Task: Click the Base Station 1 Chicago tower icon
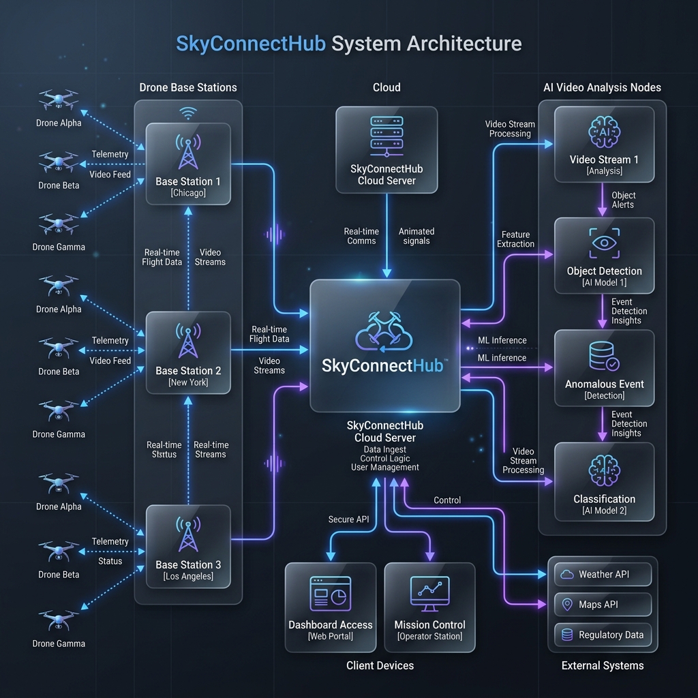coord(188,151)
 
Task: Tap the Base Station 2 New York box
coord(188,352)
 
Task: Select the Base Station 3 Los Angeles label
coord(188,570)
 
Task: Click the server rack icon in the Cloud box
coord(386,135)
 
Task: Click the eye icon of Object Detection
coord(605,243)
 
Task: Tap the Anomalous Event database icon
coord(603,356)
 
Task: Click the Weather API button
coord(603,574)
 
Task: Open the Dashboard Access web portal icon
coord(330,593)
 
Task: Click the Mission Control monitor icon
coord(429,593)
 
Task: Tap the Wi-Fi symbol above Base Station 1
coord(187,112)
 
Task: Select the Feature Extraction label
coord(515,239)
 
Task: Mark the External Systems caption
coord(602,665)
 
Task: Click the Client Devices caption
coord(380,665)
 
